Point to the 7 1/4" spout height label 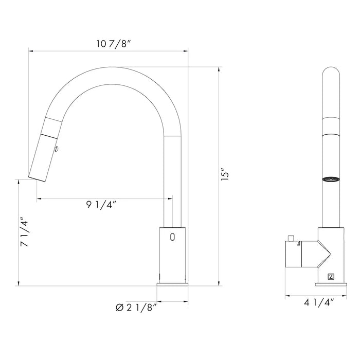(x=25, y=233)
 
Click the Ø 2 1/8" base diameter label (x=136, y=307)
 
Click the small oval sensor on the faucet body (x=172, y=237)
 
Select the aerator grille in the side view (x=331, y=179)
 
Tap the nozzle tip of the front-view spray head (x=36, y=177)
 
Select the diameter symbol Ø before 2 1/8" (x=119, y=307)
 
